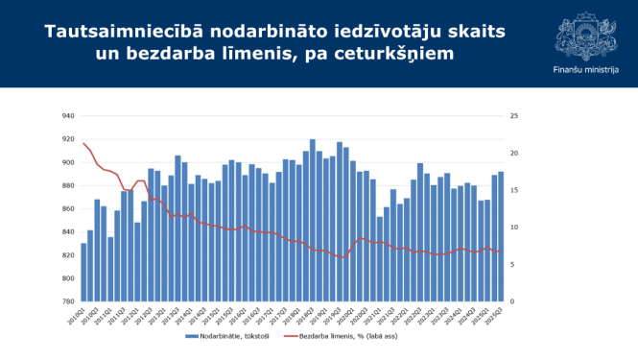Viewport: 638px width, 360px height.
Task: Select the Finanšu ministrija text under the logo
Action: (586, 70)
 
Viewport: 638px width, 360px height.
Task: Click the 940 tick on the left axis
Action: (68, 116)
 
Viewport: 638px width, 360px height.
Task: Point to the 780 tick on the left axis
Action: (68, 301)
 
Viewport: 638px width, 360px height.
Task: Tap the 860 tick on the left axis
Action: (68, 209)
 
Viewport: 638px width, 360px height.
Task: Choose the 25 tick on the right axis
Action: (515, 116)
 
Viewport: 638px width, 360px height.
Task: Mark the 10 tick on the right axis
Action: (514, 228)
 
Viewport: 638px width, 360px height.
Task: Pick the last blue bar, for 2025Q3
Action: (501, 236)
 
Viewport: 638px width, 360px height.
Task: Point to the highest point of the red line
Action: (83, 143)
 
